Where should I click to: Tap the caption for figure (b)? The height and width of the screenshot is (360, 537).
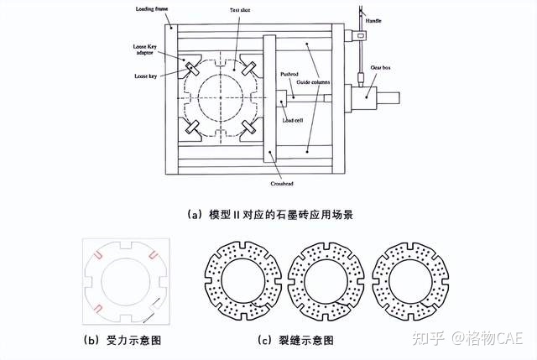(127, 340)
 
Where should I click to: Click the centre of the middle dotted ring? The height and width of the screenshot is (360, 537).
(324, 281)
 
